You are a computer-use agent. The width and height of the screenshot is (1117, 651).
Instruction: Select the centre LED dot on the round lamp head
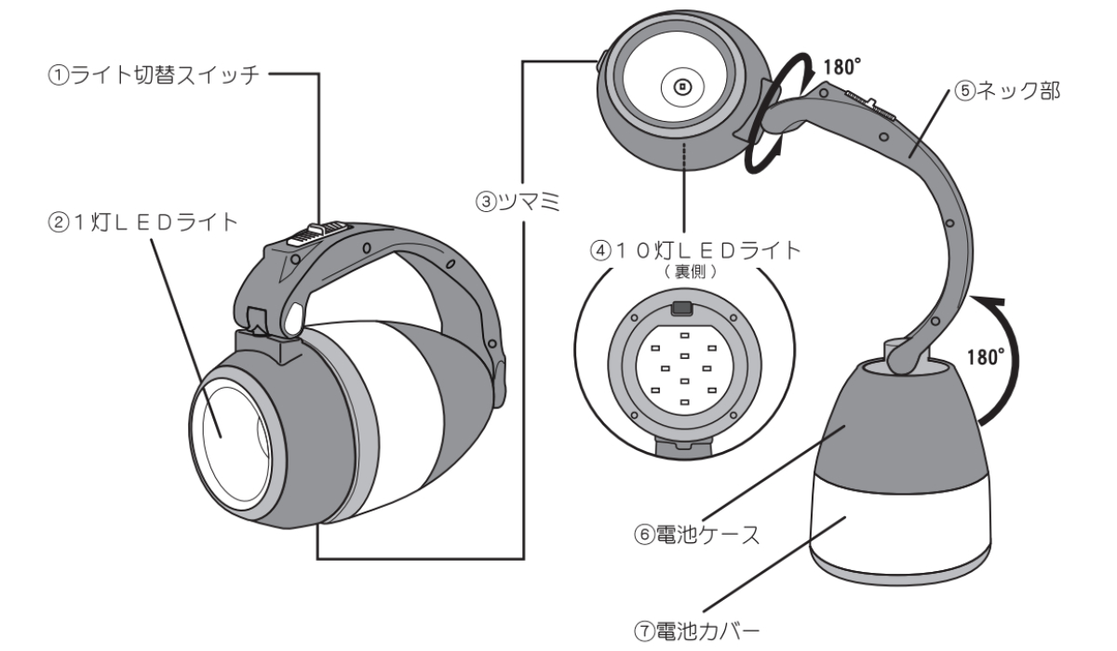(x=681, y=87)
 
